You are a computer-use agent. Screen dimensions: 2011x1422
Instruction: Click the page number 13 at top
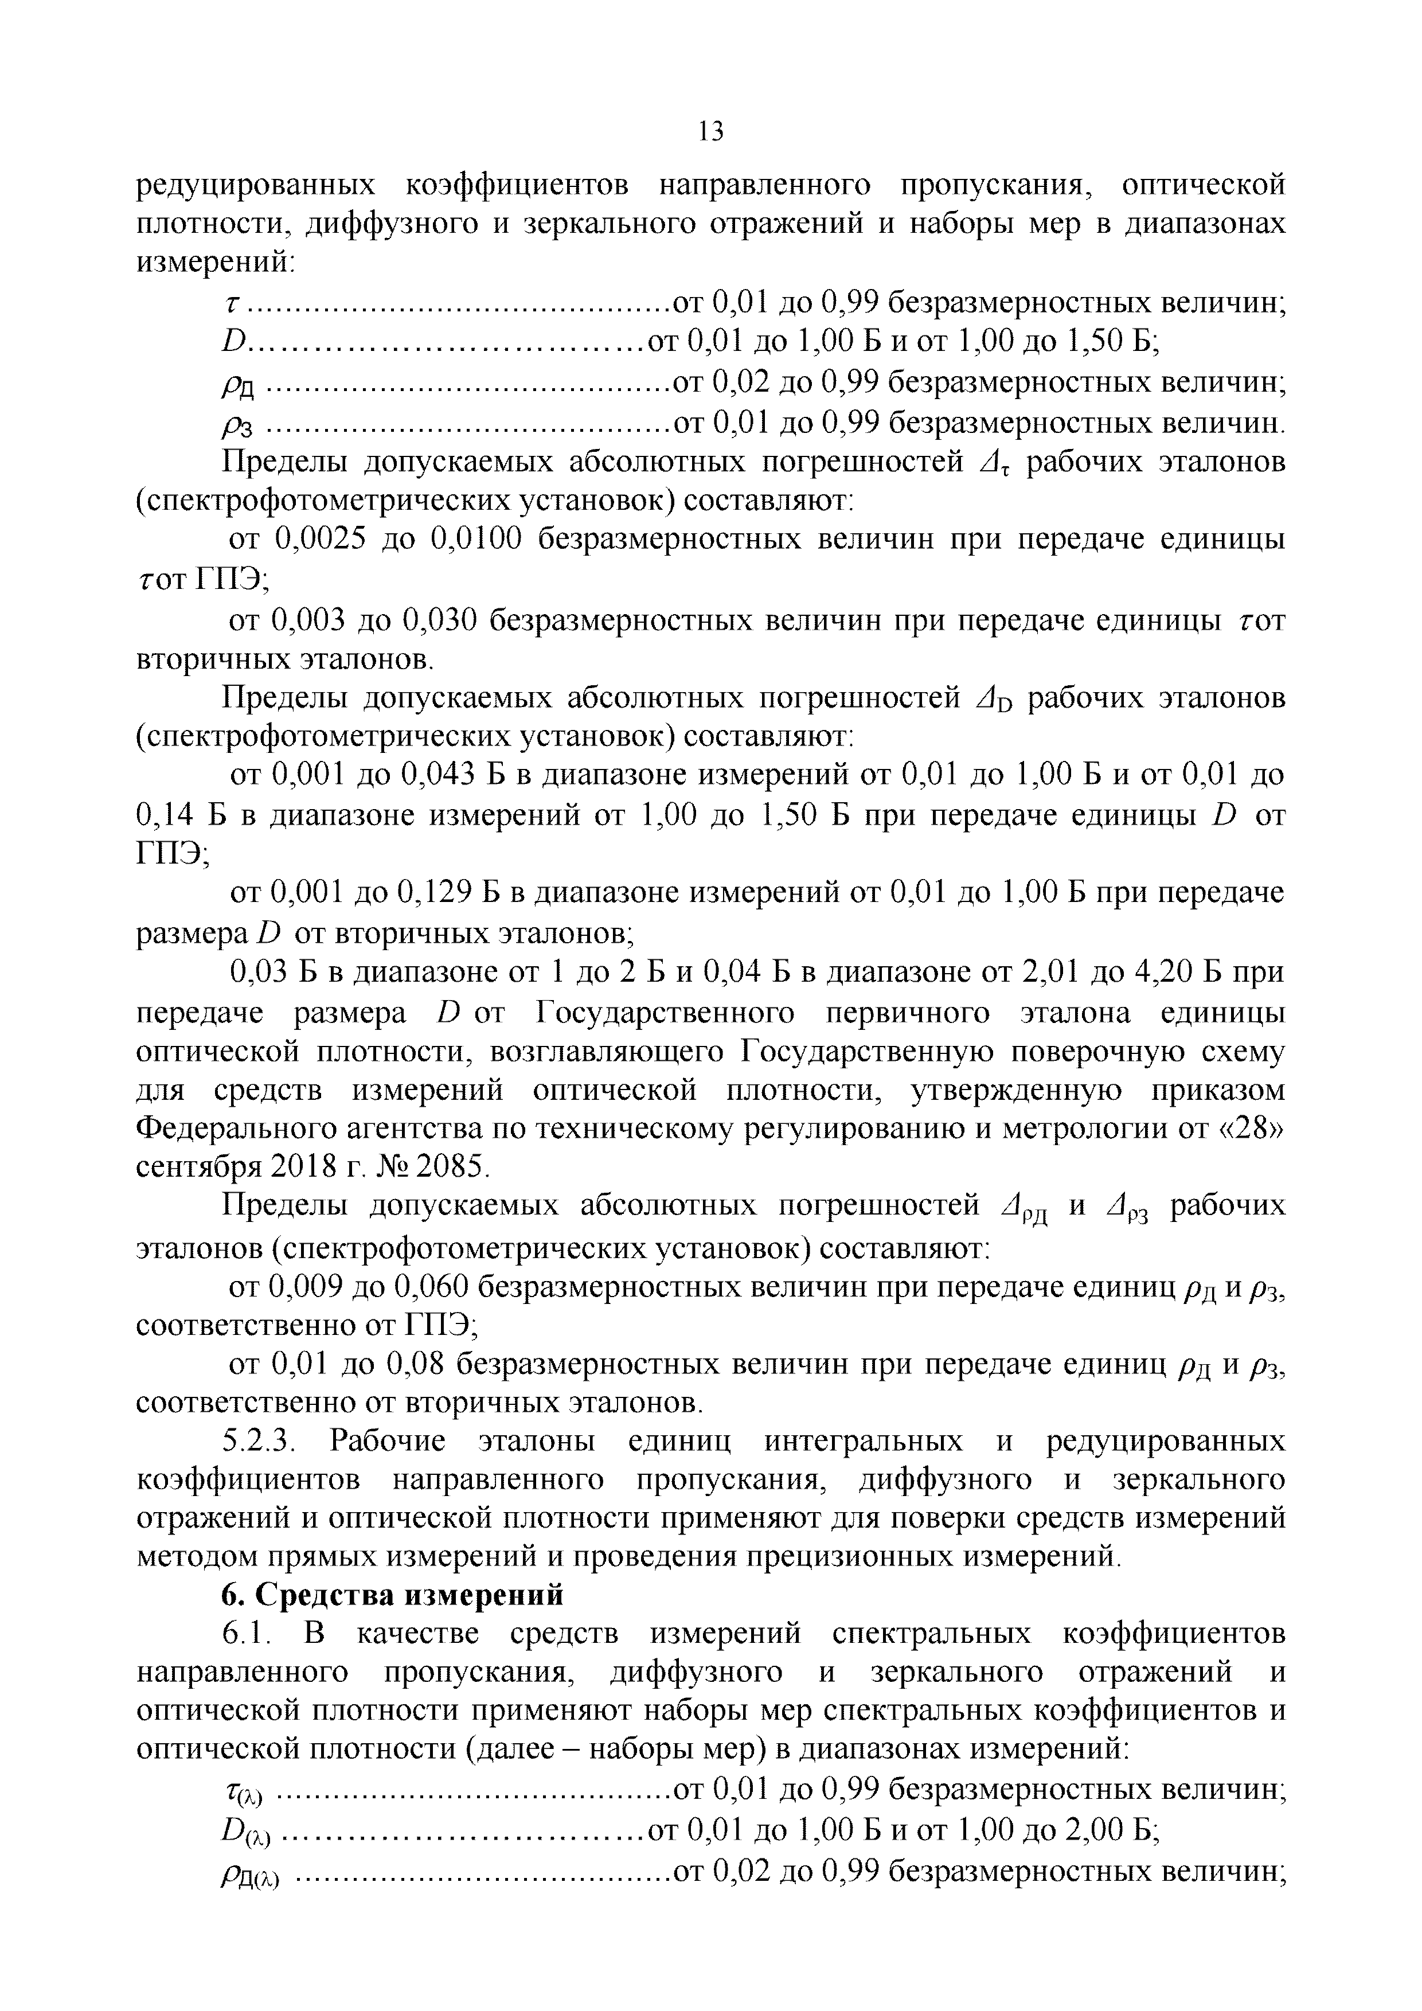coord(711,131)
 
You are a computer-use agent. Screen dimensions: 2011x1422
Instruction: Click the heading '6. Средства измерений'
coord(392,1595)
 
